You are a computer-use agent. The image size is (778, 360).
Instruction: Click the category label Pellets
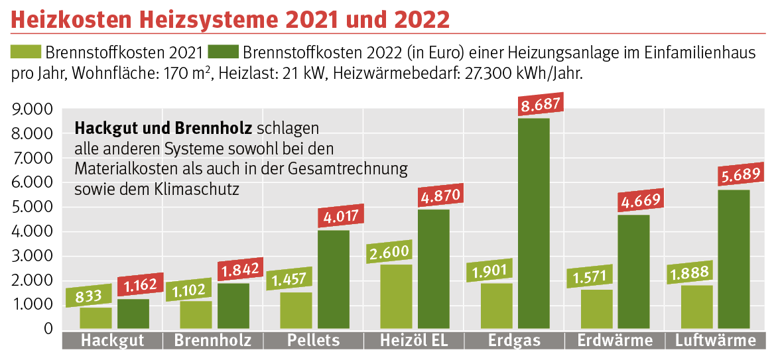(314, 341)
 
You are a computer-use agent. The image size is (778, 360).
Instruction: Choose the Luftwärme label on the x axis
(716, 341)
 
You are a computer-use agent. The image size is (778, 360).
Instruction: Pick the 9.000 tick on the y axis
(32, 109)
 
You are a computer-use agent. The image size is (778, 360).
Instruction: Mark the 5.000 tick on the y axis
(32, 207)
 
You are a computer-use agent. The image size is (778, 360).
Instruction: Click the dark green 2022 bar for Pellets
(334, 279)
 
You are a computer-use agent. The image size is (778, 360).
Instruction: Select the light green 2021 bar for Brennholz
(196, 315)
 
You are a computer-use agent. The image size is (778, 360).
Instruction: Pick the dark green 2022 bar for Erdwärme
(633, 272)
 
